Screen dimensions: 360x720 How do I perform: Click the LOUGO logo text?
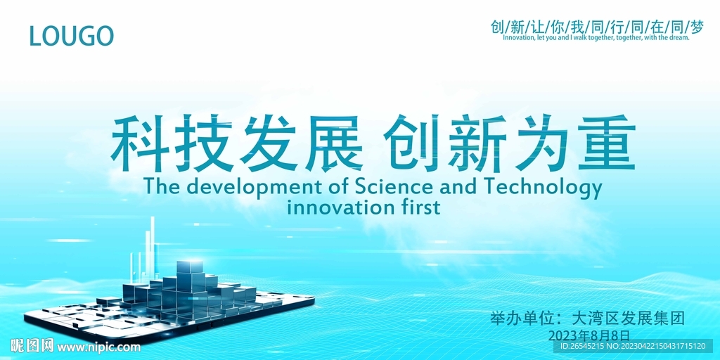71,35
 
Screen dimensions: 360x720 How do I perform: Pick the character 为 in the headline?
541,146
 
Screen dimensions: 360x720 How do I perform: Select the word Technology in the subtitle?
543,188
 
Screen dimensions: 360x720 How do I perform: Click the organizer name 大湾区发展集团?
629,318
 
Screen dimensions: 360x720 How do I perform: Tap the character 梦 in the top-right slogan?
697,27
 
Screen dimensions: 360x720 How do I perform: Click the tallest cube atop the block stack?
189,267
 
